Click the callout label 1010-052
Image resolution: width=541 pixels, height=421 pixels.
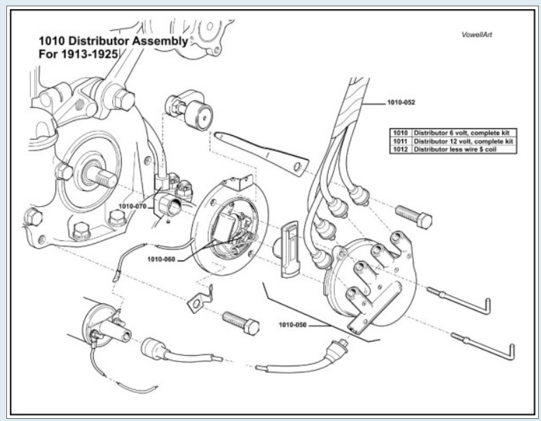pos(400,102)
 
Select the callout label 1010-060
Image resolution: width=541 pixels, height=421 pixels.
pos(163,258)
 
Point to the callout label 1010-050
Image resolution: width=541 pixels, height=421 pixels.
pos(294,324)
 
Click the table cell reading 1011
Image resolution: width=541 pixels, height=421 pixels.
pos(399,142)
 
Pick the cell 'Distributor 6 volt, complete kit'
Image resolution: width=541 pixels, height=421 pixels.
pos(463,133)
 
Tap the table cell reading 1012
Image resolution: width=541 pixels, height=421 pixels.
pos(399,150)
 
